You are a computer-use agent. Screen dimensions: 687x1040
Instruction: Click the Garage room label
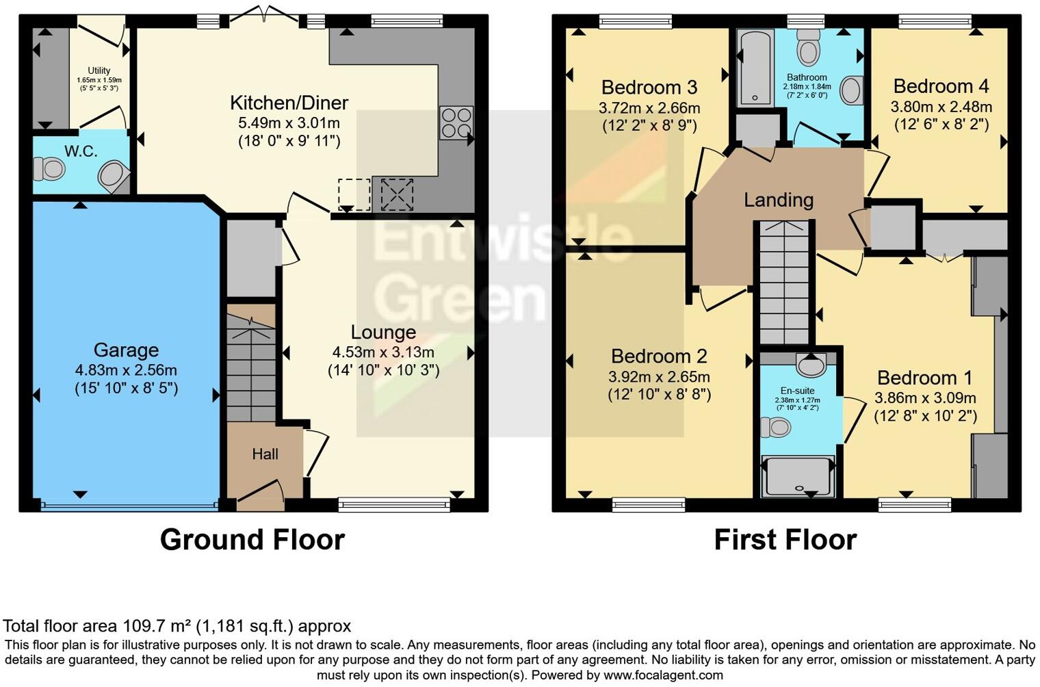(126, 350)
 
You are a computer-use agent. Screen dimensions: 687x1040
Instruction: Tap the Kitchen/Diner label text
(289, 103)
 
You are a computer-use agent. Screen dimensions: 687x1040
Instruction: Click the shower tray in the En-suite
(798, 475)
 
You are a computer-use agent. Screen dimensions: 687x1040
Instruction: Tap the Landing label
(779, 200)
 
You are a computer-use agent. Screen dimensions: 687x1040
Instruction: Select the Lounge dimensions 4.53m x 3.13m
(383, 352)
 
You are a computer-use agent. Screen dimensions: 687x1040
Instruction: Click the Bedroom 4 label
(941, 86)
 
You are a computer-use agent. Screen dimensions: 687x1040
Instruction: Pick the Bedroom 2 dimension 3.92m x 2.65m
(659, 377)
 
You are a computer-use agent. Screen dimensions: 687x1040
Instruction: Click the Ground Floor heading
(252, 539)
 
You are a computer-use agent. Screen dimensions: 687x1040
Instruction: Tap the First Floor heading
(785, 539)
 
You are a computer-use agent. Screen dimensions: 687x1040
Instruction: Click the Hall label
(265, 454)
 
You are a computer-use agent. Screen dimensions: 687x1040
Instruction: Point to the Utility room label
(99, 70)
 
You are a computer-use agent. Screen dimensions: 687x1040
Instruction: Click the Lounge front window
(394, 506)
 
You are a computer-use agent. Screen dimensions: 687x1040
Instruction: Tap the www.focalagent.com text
(663, 675)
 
